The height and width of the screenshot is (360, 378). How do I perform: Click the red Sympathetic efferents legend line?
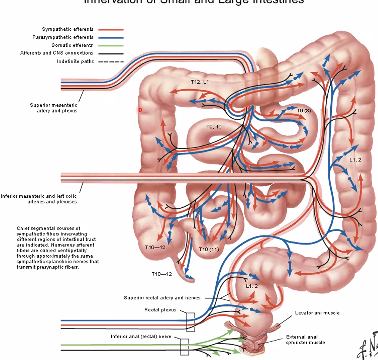point(111,29)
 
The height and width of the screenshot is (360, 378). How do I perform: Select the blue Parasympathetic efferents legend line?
point(111,37)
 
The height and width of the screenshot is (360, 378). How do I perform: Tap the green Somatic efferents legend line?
point(111,45)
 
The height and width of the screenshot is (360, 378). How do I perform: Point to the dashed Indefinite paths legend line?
point(111,62)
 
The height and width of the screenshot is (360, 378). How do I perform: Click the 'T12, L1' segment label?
point(200,82)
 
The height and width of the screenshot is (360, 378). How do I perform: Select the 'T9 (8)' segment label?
point(304,111)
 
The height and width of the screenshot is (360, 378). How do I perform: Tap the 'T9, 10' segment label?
point(214,127)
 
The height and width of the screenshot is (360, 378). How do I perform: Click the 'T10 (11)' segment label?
point(209,249)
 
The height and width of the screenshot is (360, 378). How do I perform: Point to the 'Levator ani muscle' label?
point(317,313)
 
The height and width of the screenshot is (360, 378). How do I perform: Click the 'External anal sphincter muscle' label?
point(305,340)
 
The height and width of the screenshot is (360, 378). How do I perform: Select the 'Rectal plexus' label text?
point(160,310)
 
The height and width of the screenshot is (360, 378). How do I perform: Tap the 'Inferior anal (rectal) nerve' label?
point(141,337)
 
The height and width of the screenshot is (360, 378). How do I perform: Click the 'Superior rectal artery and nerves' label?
point(162,298)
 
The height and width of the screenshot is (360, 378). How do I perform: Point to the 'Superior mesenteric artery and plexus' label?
point(54,108)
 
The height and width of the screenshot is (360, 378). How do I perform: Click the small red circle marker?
point(140,110)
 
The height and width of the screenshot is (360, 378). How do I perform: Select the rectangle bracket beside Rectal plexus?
point(190,322)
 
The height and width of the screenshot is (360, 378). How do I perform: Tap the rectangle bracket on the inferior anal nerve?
point(184,347)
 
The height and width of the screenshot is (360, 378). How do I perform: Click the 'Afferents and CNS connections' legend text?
point(57,53)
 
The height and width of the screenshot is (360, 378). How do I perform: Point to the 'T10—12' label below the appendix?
point(162,274)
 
